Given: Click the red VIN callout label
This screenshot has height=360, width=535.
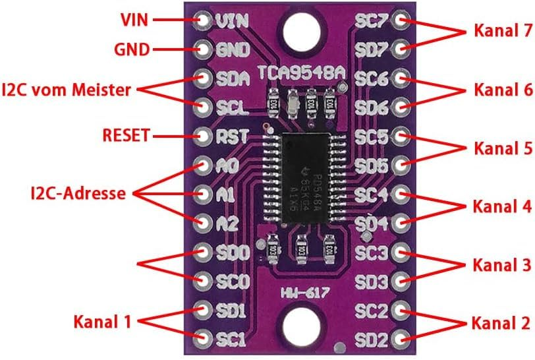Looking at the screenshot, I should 134,19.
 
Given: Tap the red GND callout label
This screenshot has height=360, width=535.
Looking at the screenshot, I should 132,49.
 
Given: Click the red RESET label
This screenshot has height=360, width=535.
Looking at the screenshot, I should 127,136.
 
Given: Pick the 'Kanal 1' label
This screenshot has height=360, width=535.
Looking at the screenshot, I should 102,322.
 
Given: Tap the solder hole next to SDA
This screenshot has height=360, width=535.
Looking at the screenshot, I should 204,78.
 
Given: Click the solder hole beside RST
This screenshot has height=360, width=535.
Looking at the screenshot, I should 204,136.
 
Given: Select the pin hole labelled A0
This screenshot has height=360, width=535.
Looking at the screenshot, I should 204,165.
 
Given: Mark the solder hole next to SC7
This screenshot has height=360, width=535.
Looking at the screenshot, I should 399,20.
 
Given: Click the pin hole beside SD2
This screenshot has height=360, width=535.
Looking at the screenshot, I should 399,339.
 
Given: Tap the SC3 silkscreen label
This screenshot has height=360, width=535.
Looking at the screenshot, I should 371,253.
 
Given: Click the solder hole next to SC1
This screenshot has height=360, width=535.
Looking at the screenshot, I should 204,339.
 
